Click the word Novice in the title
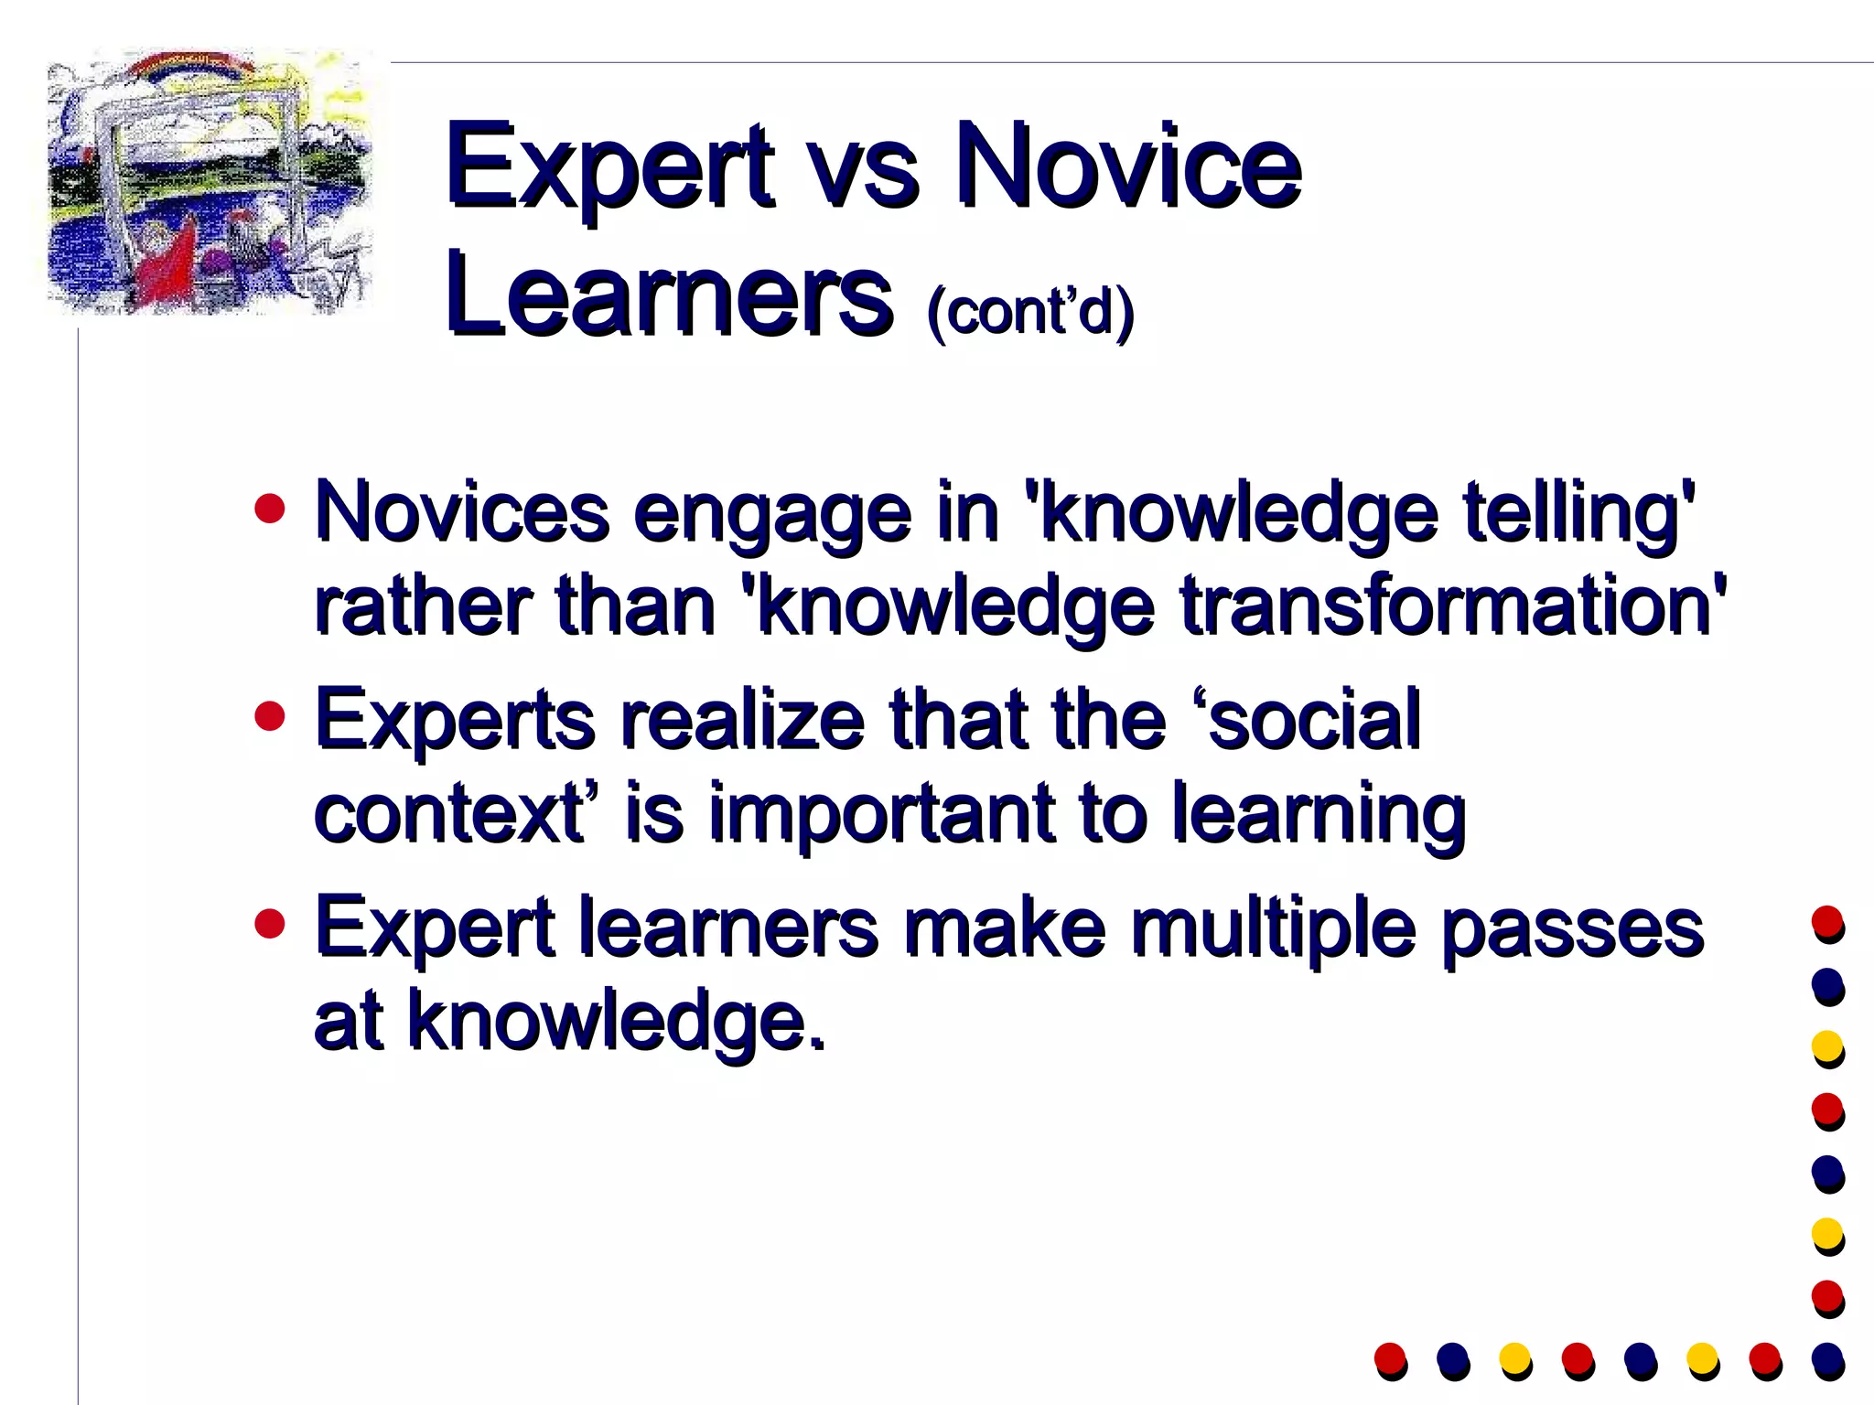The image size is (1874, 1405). click(1127, 167)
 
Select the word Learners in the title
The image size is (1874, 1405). click(669, 295)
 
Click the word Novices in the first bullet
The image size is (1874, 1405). click(462, 512)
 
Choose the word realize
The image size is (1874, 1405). click(742, 720)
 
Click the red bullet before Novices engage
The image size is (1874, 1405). click(270, 509)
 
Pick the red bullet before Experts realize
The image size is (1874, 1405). click(270, 716)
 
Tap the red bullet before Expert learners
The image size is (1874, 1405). click(270, 924)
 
